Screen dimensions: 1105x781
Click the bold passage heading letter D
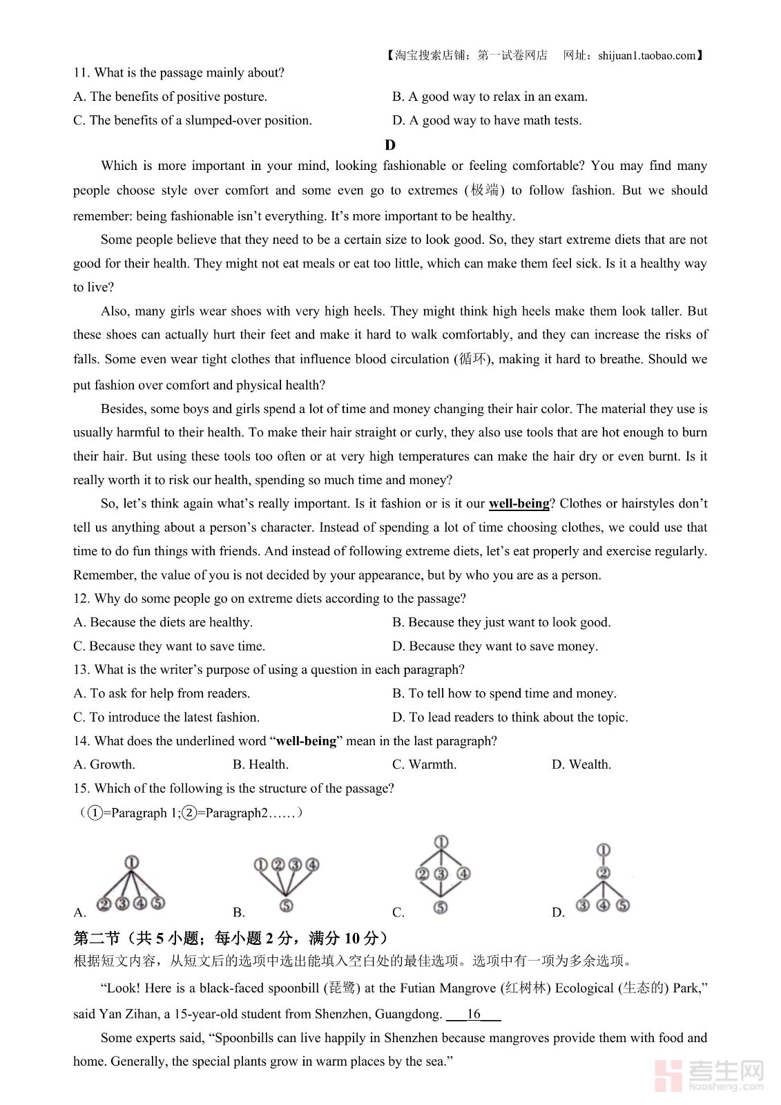click(390, 144)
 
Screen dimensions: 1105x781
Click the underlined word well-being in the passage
click(519, 503)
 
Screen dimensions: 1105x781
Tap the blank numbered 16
click(474, 1014)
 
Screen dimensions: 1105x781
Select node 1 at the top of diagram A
click(131, 862)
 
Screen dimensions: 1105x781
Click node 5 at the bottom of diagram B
click(286, 905)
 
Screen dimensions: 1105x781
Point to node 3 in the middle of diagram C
click(441, 874)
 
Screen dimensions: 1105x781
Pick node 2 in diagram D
click(603, 873)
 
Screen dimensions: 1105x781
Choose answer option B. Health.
click(260, 765)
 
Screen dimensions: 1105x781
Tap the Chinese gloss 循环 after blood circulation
click(473, 359)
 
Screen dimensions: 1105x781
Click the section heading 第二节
click(97, 938)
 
